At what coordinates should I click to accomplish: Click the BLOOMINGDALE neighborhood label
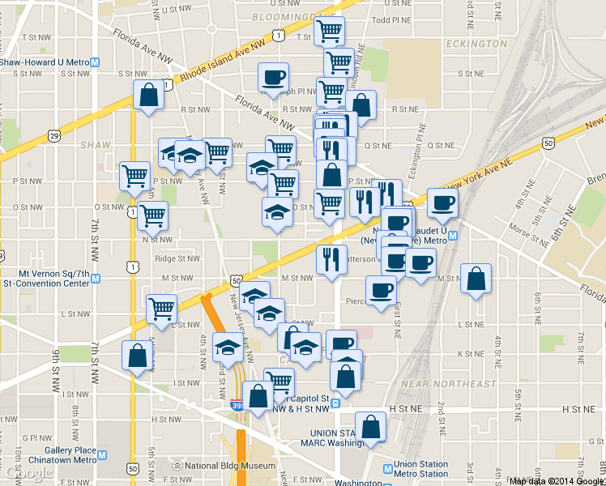coord(275,15)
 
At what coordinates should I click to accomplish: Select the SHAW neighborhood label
coord(95,145)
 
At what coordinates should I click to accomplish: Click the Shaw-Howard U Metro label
coord(45,62)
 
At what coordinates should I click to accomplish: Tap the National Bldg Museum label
coord(230,466)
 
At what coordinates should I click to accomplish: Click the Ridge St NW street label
coord(177,259)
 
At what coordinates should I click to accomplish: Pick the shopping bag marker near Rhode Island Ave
coord(149,95)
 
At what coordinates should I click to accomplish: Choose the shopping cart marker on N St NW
coord(152,215)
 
